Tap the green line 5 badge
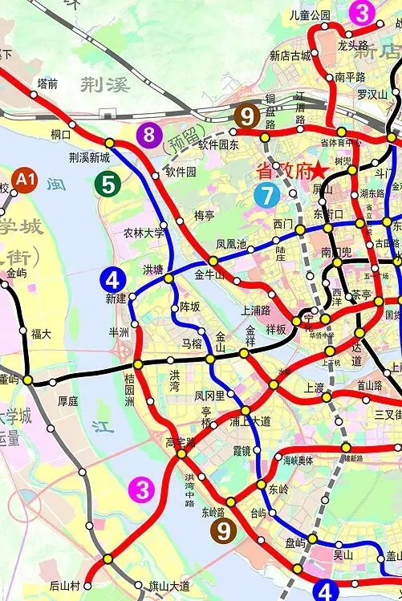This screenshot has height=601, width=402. [x=108, y=184]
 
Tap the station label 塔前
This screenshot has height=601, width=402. [x=47, y=83]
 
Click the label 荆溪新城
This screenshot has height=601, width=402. [x=89, y=158]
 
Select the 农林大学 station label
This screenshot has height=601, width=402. [x=144, y=233]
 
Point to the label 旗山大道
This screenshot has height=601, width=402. [x=169, y=585]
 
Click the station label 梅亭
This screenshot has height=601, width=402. [x=205, y=216]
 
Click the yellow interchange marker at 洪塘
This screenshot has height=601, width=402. [x=169, y=278]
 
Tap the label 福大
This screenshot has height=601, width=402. [x=42, y=333]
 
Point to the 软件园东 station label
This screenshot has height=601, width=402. [x=219, y=145]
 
